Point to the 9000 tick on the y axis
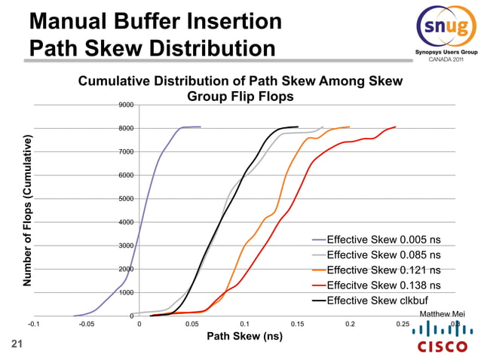coord(126,105)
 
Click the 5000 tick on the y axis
coord(126,199)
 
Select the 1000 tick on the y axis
coord(126,292)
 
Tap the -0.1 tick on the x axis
coord(34,325)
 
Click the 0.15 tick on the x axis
coord(297,325)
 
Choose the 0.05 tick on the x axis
coord(192,325)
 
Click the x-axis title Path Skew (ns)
coord(245,336)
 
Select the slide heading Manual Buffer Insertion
coord(156,21)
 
